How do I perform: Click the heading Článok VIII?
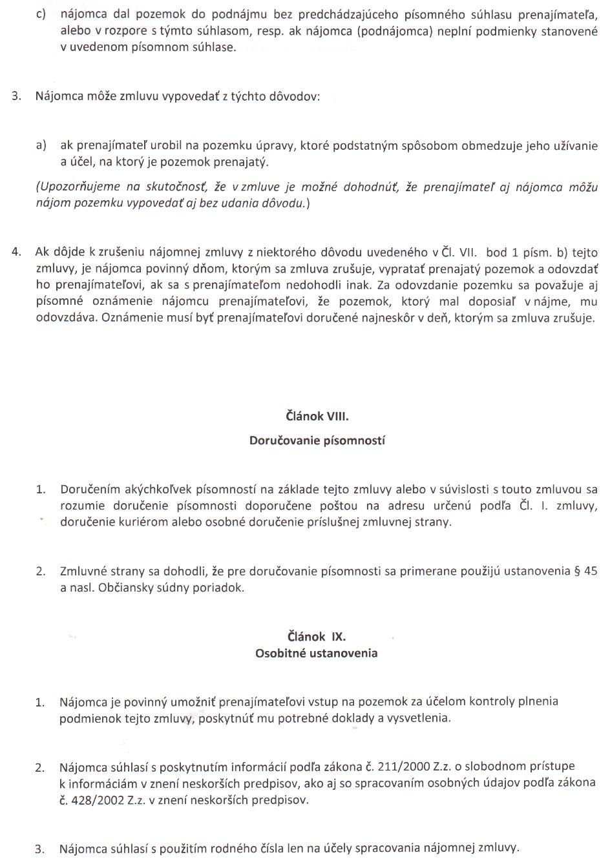click(x=317, y=416)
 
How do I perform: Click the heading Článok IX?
click(x=317, y=636)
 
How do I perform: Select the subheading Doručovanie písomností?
click(x=317, y=441)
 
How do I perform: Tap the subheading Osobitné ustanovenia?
click(x=316, y=653)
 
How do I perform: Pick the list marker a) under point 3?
click(x=42, y=145)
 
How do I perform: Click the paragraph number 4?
click(x=17, y=253)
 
